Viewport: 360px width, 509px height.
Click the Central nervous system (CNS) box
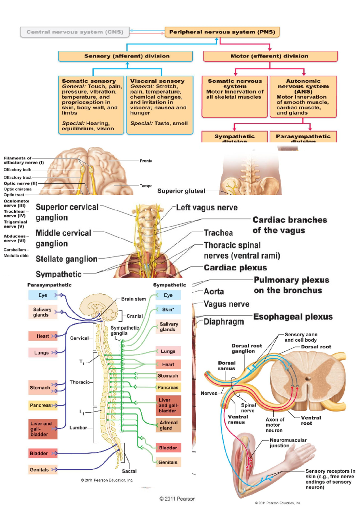coord(75,32)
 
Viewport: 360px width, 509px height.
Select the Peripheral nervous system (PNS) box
coord(222,32)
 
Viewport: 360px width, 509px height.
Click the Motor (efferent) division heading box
coord(270,56)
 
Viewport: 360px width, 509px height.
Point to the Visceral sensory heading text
coord(157,81)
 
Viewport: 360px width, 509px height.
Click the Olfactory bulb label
coord(17,170)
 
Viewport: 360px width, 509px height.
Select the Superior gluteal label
coord(181,191)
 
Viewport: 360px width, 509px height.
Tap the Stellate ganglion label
coord(66,259)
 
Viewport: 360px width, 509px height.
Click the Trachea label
coord(218,233)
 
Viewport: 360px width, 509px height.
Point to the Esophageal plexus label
coord(293,317)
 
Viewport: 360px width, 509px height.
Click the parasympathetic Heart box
coord(43,336)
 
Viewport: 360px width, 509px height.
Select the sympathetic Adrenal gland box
coord(168,425)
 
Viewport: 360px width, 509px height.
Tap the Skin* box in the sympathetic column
coord(168,310)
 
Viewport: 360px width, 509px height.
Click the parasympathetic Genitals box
coord(39,470)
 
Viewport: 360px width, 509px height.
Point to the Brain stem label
coord(133,299)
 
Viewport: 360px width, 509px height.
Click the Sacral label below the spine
coord(129,471)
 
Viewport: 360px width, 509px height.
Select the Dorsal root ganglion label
coord(246,348)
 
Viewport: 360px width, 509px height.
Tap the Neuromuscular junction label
coord(288,443)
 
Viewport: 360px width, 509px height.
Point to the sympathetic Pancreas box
coord(168,388)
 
